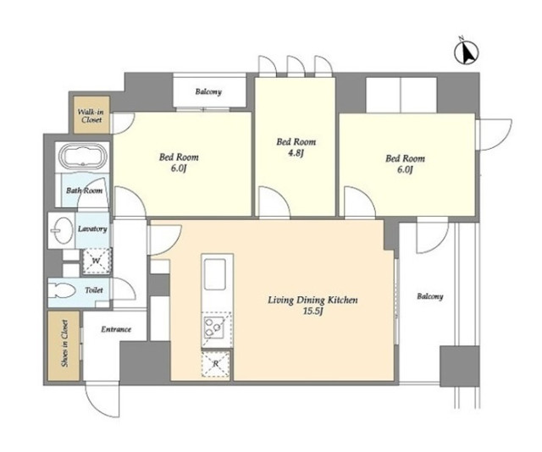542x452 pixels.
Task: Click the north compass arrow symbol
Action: [x=467, y=52]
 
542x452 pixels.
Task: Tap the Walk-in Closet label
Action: [x=91, y=116]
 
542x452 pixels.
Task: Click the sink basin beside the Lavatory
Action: [x=62, y=230]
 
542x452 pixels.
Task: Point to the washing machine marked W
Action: [x=97, y=261]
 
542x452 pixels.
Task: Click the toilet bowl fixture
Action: [x=62, y=291]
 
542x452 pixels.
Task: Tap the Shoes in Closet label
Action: [x=64, y=343]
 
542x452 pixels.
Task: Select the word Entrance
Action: [x=116, y=329]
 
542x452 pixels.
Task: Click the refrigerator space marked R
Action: [x=216, y=363]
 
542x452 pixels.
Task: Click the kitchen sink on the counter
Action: [x=215, y=274]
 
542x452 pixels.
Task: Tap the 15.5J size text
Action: [x=312, y=311]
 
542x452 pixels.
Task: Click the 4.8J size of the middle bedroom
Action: [x=296, y=153]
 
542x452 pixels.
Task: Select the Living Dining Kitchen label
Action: [x=312, y=300]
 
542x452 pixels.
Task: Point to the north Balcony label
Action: [x=208, y=92]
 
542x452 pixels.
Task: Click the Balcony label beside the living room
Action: [x=430, y=296]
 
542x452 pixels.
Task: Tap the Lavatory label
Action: [x=92, y=229]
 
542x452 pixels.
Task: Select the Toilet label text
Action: [x=94, y=290]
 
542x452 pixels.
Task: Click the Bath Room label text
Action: [x=85, y=190]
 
